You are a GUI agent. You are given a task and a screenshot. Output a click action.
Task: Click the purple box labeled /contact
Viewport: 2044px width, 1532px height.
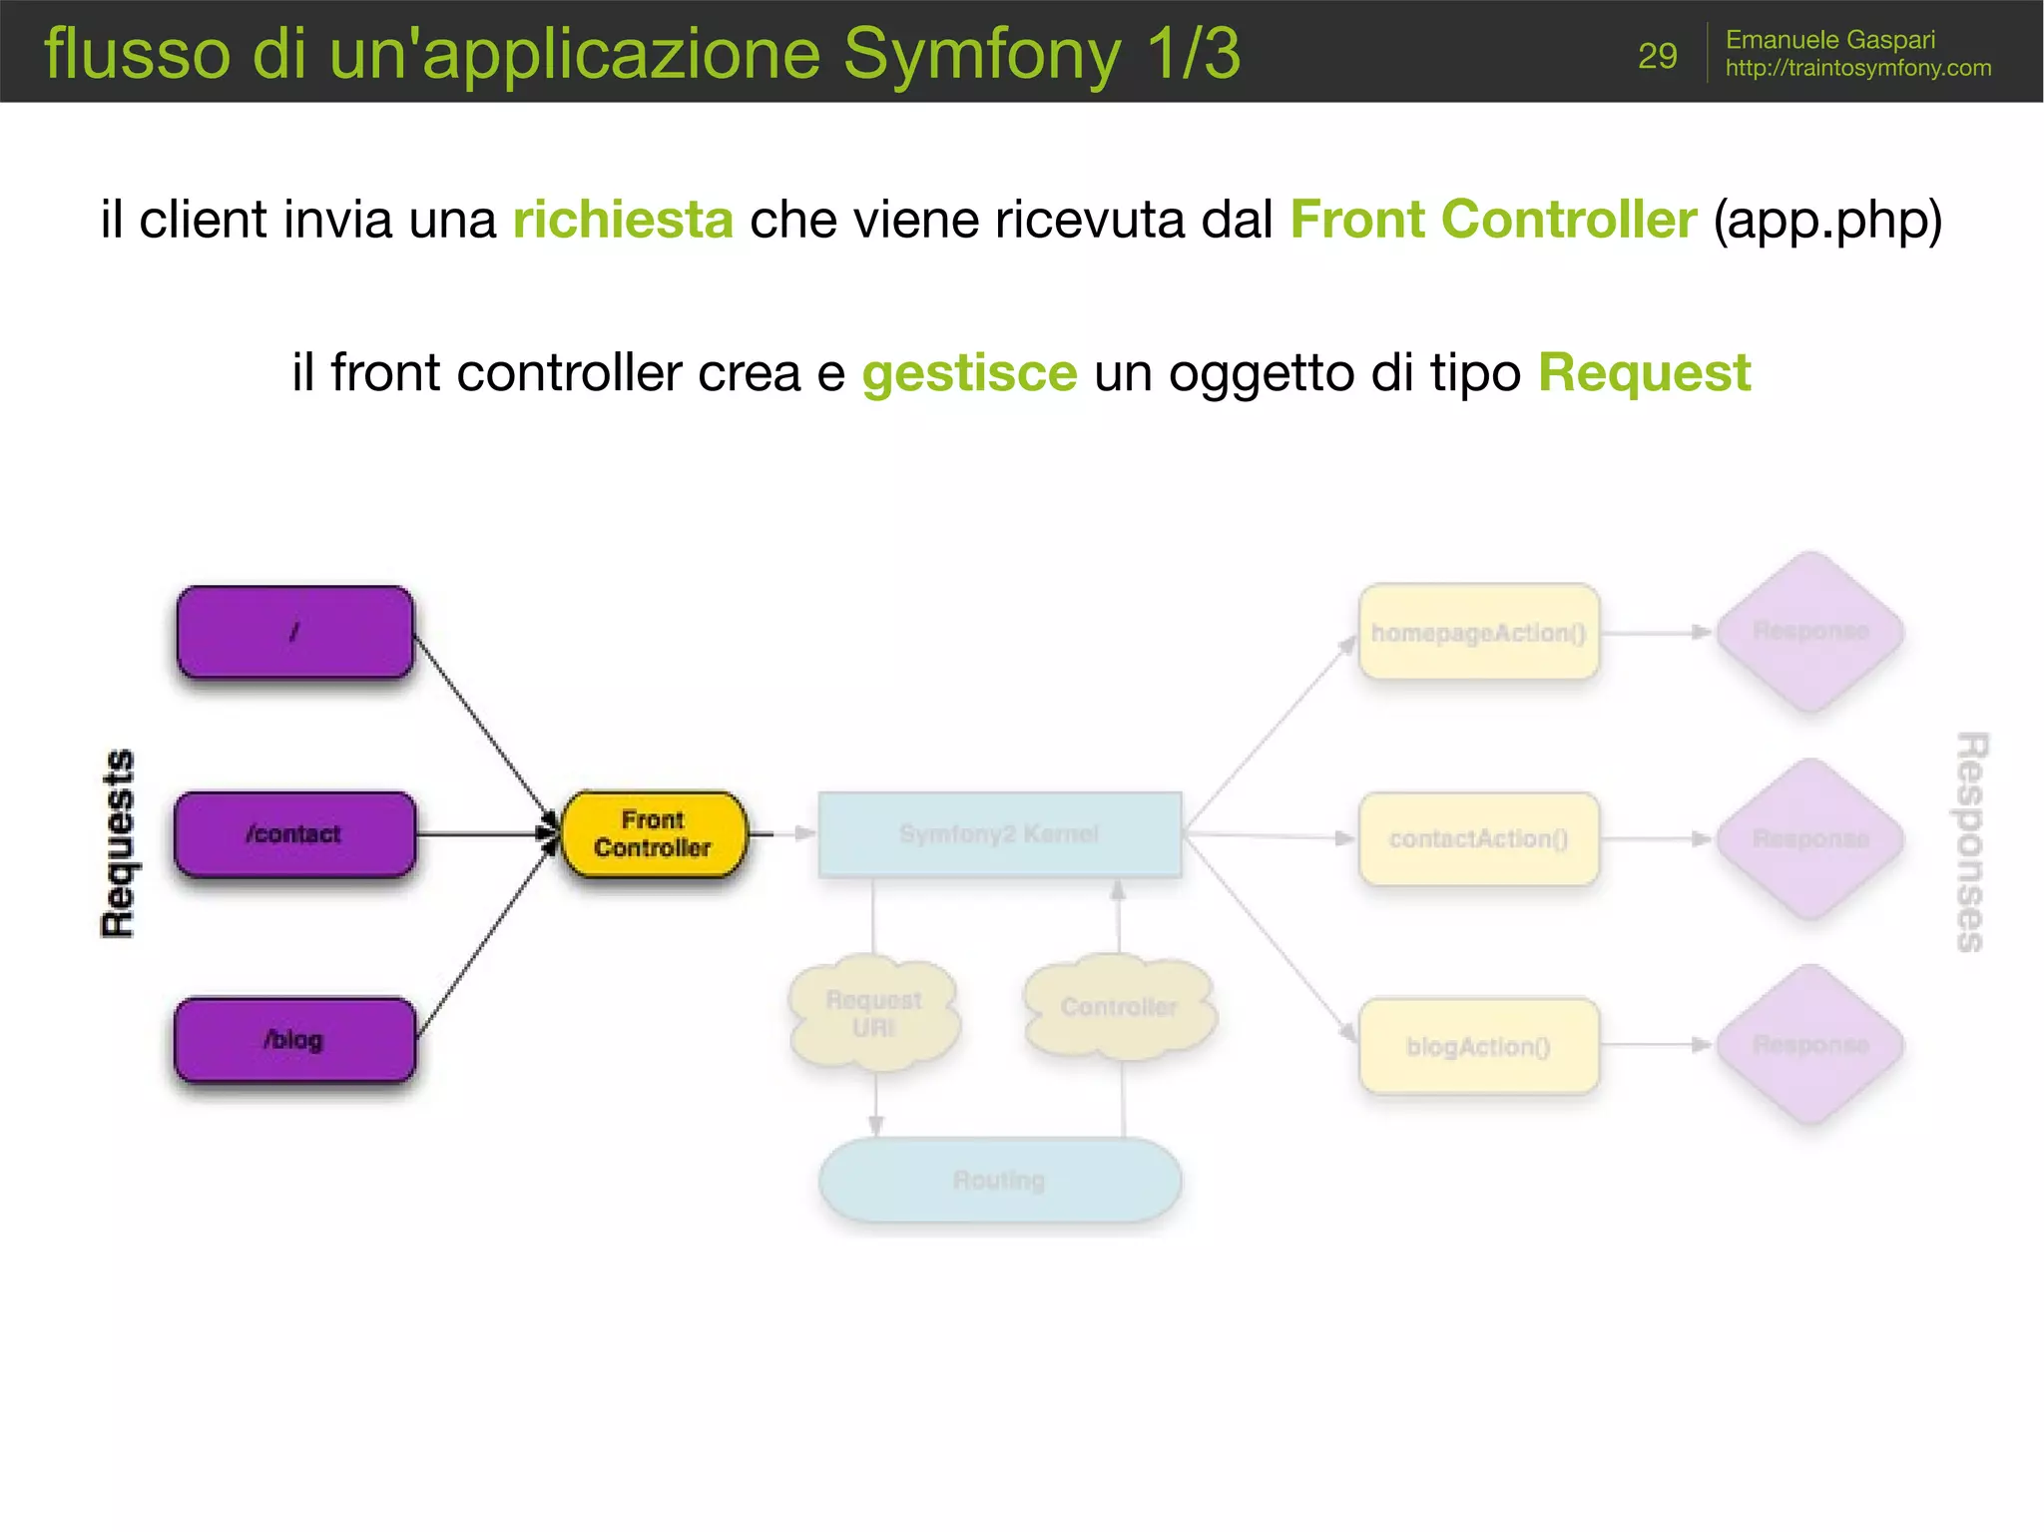(x=294, y=834)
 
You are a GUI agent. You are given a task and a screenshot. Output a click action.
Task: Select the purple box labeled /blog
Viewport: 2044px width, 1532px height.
(x=294, y=1040)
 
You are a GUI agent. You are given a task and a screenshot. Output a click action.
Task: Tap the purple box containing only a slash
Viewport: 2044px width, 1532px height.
(x=294, y=632)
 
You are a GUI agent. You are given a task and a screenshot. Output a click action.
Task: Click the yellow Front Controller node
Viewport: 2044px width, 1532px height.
(x=654, y=834)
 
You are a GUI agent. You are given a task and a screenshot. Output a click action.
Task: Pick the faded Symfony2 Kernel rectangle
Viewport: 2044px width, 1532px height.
(x=999, y=834)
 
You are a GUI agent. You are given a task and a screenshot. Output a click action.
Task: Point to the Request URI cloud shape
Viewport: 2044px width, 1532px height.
(x=874, y=1014)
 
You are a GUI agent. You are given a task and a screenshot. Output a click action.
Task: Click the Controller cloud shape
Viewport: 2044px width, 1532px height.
(x=1119, y=1008)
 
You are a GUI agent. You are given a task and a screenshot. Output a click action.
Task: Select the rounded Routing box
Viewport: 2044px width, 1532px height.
(x=999, y=1181)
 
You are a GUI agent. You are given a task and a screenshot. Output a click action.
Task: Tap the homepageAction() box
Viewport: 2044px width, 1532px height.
(x=1478, y=633)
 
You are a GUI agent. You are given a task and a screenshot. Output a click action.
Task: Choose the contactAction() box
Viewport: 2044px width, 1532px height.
(x=1478, y=839)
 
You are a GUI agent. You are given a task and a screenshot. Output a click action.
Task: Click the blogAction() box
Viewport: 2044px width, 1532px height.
(x=1478, y=1046)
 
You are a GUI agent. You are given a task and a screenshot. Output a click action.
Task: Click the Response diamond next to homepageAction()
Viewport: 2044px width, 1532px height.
(x=1809, y=631)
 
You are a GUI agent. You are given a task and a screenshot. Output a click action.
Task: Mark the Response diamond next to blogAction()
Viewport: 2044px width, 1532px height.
(x=1809, y=1044)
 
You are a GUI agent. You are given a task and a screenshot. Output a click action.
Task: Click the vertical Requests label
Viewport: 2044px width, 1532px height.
(x=119, y=843)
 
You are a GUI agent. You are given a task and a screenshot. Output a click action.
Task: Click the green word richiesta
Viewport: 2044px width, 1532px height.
(x=623, y=220)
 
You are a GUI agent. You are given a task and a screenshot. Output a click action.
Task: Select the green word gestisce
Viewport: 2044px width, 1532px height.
(x=969, y=373)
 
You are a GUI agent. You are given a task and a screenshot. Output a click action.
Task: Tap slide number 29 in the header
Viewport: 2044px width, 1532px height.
(x=1657, y=56)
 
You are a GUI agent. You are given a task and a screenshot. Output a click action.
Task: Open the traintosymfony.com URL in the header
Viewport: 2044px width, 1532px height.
(x=1857, y=68)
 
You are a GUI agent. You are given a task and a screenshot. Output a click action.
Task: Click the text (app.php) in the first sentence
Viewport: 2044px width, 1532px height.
(x=1826, y=220)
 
